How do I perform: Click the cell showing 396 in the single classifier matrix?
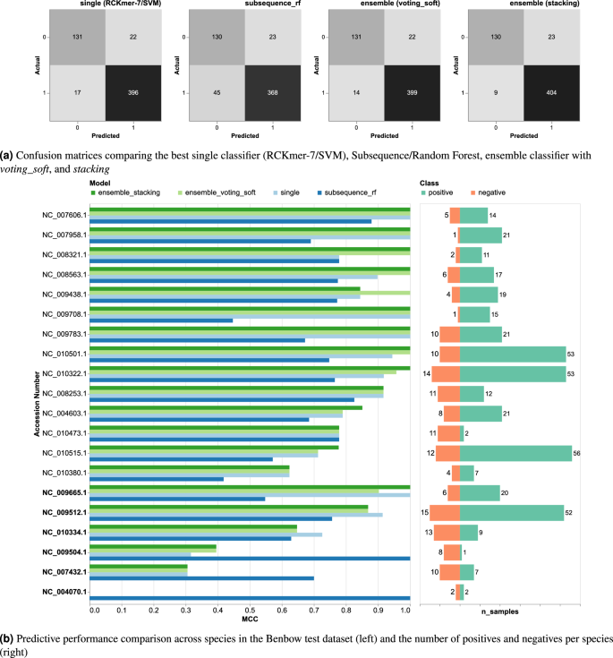[133, 93]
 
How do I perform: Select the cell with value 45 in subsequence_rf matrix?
[217, 93]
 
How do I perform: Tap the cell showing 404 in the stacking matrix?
[551, 93]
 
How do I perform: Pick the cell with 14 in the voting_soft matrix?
[356, 93]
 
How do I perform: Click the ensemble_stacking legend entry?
[126, 192]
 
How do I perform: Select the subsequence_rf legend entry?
[347, 192]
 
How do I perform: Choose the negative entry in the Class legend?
[488, 192]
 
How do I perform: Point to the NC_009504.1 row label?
[64, 552]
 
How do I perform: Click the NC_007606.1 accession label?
[64, 215]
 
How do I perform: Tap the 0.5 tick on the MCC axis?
[250, 611]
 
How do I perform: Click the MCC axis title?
[250, 619]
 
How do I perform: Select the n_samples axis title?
[499, 611]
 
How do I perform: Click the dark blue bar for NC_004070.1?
[250, 598]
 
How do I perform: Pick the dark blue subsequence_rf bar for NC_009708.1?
[161, 320]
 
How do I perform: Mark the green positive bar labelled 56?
[515, 453]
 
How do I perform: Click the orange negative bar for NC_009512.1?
[445, 513]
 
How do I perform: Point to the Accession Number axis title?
[37, 404]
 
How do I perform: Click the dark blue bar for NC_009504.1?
[250, 559]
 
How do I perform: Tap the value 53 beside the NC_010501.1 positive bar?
[571, 355]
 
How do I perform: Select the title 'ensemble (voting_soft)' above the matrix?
[400, 4]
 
